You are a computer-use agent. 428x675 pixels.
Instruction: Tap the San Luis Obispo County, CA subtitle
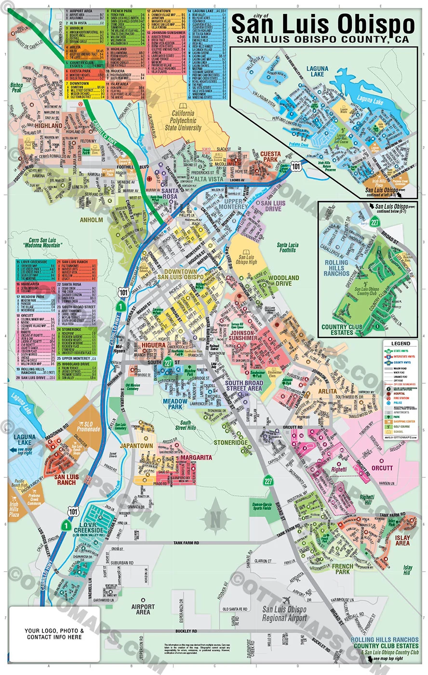[322, 40]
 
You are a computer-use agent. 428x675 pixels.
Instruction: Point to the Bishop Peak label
[16, 87]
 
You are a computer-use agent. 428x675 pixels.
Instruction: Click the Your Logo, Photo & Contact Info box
[54, 634]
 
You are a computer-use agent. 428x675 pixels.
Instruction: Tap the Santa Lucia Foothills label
[288, 247]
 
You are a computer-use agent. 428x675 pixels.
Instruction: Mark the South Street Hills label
[186, 425]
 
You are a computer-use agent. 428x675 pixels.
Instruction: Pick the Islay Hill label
[408, 570]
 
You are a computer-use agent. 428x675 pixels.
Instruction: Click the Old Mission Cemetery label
[133, 387]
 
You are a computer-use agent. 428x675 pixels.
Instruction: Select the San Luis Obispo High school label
[246, 259]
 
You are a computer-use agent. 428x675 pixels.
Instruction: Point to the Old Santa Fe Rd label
[235, 609]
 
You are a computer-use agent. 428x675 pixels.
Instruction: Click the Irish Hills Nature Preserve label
[331, 166]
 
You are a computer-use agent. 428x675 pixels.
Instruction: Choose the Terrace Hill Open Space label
[237, 326]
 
